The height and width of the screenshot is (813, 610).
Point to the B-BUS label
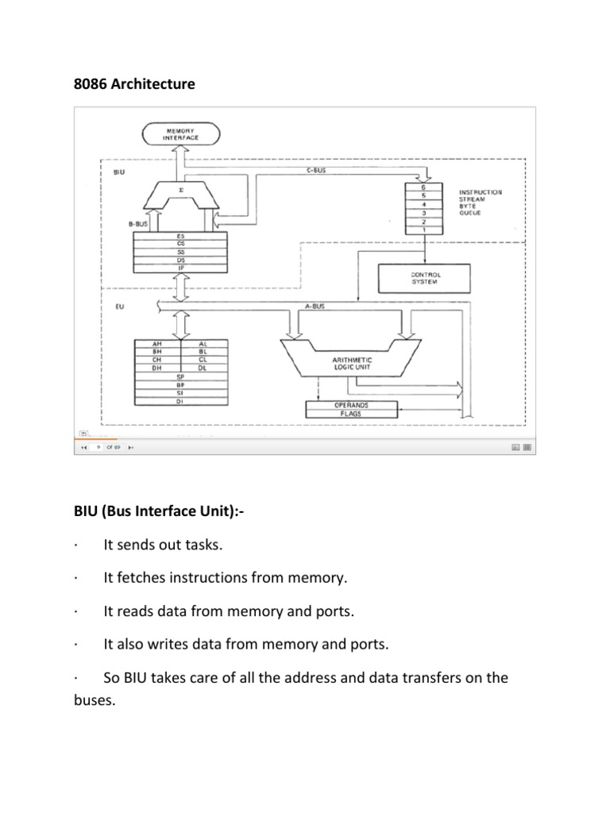coord(139,225)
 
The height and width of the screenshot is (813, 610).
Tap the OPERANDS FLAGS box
coord(350,409)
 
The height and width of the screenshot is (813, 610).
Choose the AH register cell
coord(156,342)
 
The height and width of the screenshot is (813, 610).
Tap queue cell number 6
coord(424,187)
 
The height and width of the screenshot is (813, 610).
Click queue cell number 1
coord(424,230)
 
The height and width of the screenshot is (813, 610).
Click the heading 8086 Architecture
coord(134,84)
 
